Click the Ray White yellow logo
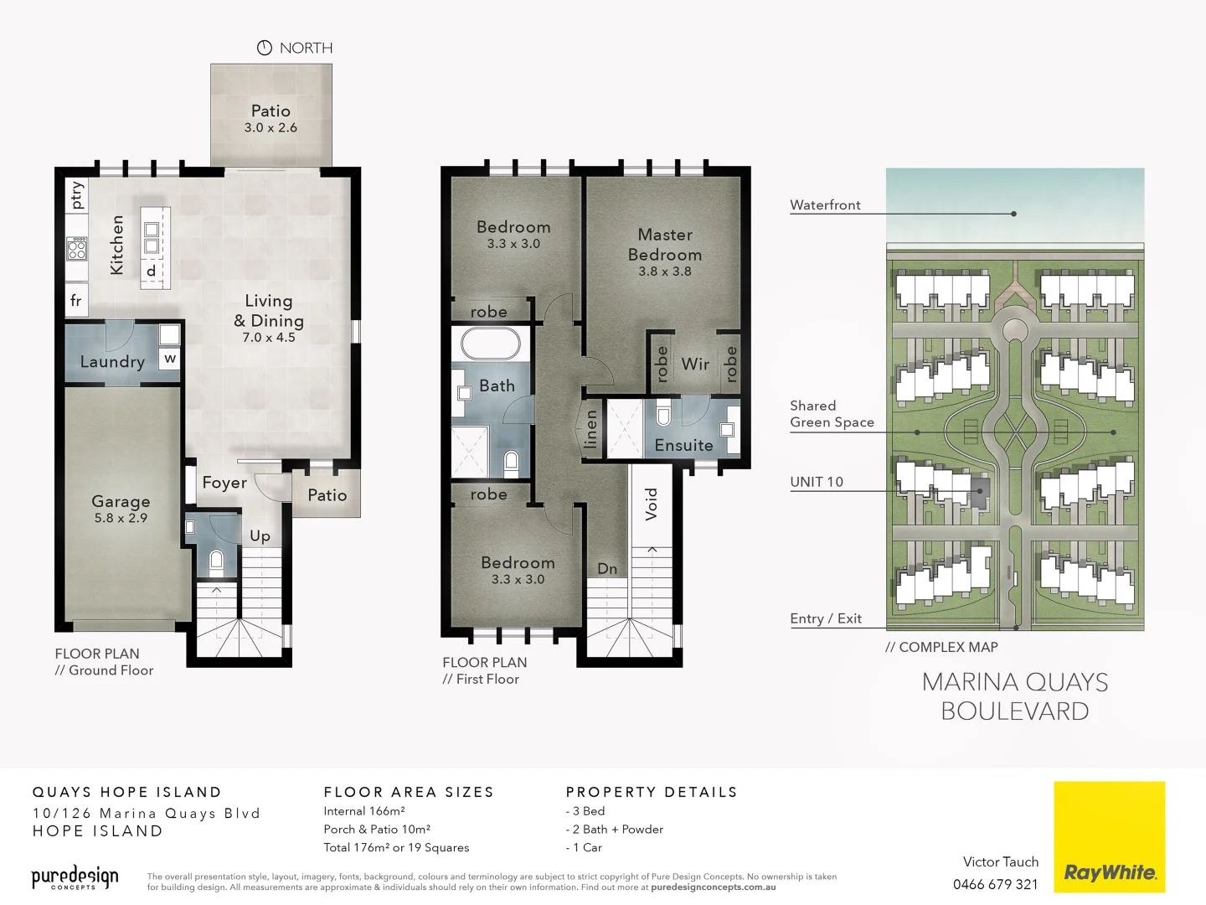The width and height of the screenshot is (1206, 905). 1109,836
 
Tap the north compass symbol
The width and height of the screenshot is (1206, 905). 265,48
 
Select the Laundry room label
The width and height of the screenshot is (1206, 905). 112,362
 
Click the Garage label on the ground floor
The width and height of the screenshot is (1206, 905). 121,502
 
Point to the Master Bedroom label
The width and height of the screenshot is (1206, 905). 665,245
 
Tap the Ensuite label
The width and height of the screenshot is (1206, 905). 683,446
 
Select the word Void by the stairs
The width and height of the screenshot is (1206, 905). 652,504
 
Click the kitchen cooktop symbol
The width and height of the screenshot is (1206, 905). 77,248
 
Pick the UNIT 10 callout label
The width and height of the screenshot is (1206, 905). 817,482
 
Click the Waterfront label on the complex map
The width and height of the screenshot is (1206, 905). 825,204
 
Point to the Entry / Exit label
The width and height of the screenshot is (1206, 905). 826,618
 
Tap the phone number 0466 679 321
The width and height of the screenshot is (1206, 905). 996,884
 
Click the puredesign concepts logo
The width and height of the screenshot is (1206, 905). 75,877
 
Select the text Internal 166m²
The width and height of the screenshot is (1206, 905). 364,811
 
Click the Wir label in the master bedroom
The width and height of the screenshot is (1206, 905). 695,365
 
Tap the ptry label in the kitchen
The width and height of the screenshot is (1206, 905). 77,194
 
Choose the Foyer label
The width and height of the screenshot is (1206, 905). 224,483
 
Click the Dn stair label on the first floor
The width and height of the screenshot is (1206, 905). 607,569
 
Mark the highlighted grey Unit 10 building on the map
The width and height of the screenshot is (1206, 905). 979,491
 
